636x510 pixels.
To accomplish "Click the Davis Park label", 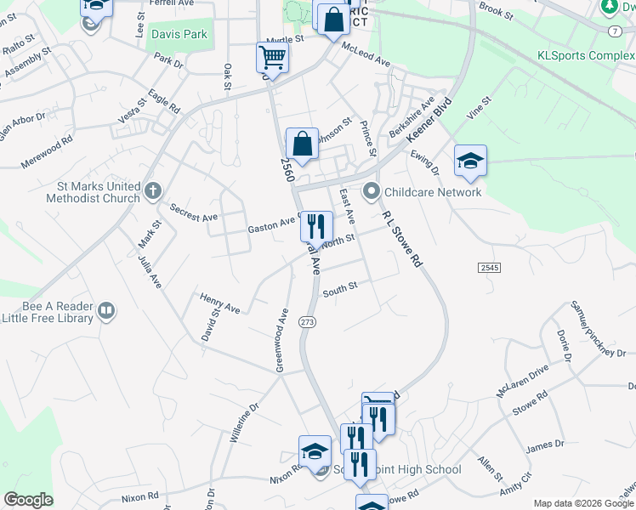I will pyautogui.click(x=179, y=35).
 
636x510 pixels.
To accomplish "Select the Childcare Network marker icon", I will pyautogui.click(x=370, y=192).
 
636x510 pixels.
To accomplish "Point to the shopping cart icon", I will pyautogui.click(x=272, y=58).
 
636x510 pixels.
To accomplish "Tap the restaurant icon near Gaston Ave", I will pyautogui.click(x=316, y=226).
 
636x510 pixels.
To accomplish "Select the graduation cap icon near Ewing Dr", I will pyautogui.click(x=470, y=161).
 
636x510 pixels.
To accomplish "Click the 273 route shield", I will pyautogui.click(x=307, y=322).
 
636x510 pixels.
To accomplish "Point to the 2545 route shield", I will pyautogui.click(x=489, y=267).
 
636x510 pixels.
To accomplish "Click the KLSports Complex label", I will pyautogui.click(x=586, y=57).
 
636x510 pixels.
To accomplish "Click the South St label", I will pyautogui.click(x=340, y=289).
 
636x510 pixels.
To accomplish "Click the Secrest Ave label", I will pyautogui.click(x=194, y=212).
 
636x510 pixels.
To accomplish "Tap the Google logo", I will pyautogui.click(x=28, y=500).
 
